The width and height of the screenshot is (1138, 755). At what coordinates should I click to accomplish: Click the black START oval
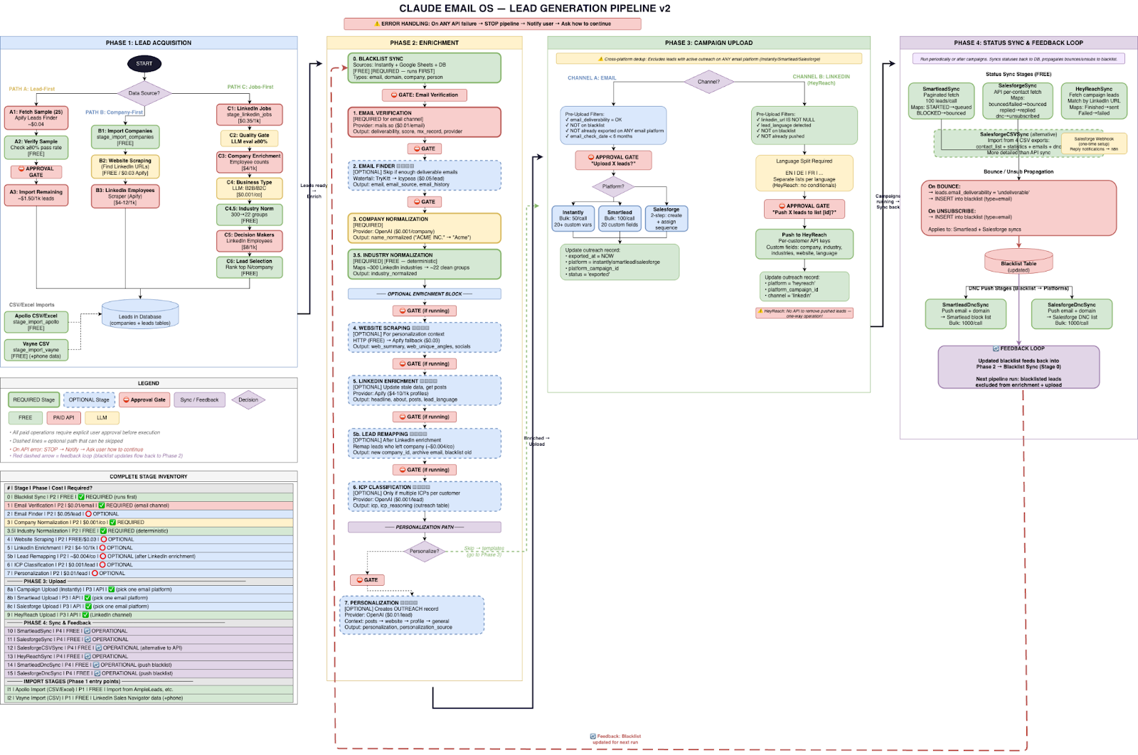click(144, 64)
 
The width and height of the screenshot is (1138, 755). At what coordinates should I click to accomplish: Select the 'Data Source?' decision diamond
click(144, 93)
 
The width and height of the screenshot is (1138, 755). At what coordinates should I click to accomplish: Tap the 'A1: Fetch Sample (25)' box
click(36, 118)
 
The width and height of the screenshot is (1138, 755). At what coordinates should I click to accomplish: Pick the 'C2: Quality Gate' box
click(249, 138)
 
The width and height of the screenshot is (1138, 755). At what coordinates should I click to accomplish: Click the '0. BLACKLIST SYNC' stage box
click(424, 68)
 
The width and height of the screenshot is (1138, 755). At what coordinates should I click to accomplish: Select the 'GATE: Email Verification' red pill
click(424, 95)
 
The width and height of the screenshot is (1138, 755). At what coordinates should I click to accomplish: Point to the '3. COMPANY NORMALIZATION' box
click(424, 228)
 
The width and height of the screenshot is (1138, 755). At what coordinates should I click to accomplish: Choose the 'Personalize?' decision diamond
click(424, 551)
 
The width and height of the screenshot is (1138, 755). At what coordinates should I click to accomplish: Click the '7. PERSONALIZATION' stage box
click(413, 615)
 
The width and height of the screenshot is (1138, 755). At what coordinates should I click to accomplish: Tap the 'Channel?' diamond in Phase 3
click(708, 82)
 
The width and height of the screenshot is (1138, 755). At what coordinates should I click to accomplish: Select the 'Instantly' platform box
click(573, 218)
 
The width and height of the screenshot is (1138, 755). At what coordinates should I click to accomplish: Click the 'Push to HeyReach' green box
click(804, 244)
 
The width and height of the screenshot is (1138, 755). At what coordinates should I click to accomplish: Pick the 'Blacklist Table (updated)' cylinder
click(1019, 264)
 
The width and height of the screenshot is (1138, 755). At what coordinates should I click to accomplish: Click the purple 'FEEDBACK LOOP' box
click(1019, 367)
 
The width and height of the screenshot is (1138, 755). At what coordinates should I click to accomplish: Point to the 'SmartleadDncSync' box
click(965, 314)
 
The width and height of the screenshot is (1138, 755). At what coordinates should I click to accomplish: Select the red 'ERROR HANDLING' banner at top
click(492, 24)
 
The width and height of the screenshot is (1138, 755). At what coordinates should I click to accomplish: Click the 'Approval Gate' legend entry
click(145, 400)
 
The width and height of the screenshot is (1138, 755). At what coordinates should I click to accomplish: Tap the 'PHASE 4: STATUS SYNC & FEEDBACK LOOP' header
click(1018, 43)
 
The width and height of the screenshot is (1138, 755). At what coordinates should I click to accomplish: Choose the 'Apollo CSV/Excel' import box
click(36, 322)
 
